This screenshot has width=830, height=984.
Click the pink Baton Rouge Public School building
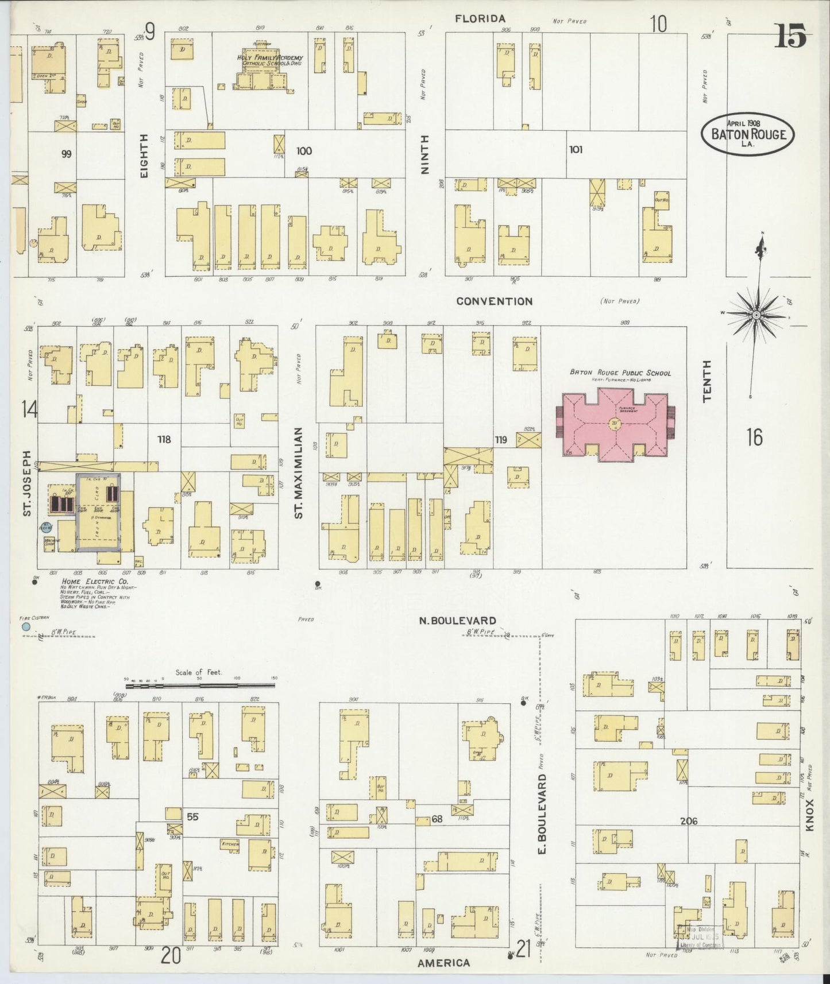pyautogui.click(x=615, y=425)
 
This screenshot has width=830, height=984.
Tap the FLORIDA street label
pyautogui.click(x=480, y=19)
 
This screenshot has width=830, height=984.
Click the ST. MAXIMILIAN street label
pyautogui.click(x=298, y=472)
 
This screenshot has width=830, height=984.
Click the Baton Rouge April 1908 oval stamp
pyautogui.click(x=748, y=133)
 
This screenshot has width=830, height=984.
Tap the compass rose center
pyautogui.click(x=756, y=315)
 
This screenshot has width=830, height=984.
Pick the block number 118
pyautogui.click(x=164, y=439)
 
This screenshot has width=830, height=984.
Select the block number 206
pyautogui.click(x=688, y=821)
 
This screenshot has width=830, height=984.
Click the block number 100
pyautogui.click(x=304, y=151)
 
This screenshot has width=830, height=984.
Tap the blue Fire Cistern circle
pyautogui.click(x=25, y=627)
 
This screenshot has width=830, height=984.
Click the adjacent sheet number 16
pyautogui.click(x=754, y=437)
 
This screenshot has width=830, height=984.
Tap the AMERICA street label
pyautogui.click(x=443, y=963)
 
